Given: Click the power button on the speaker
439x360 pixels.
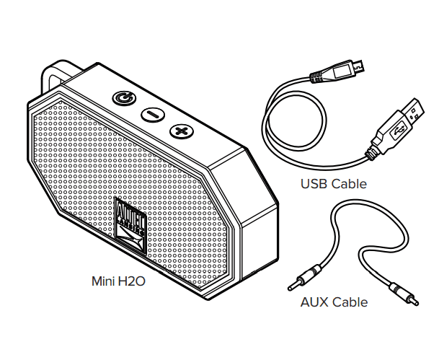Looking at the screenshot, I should (123, 97).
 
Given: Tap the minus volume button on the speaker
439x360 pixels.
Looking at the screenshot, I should (152, 114).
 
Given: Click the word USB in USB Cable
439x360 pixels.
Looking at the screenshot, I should (314, 184).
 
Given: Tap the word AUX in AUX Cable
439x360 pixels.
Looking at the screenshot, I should (314, 302).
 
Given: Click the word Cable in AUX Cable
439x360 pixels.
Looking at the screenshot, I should (350, 302).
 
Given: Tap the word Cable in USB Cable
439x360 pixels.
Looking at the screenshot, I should (349, 184).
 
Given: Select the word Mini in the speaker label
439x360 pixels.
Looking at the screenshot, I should (101, 281).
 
